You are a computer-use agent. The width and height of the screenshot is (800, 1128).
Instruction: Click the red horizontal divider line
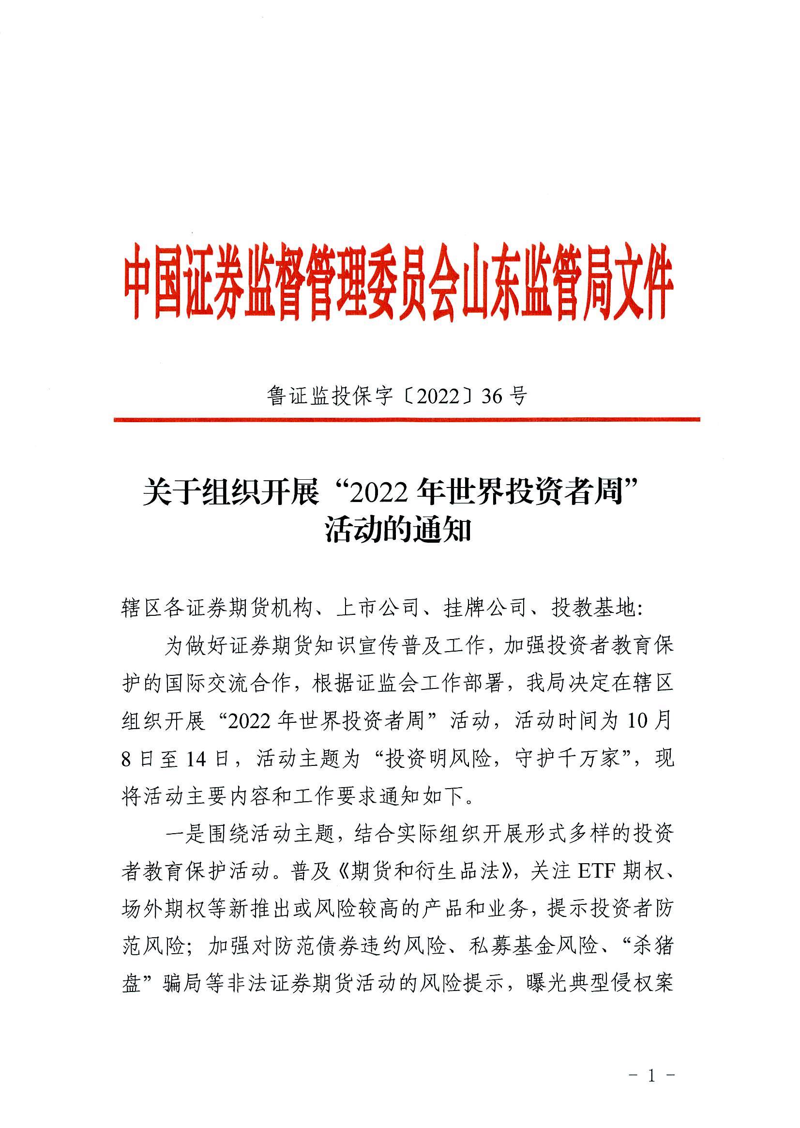(407, 419)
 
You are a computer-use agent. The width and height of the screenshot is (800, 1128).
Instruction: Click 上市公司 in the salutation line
(377, 610)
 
